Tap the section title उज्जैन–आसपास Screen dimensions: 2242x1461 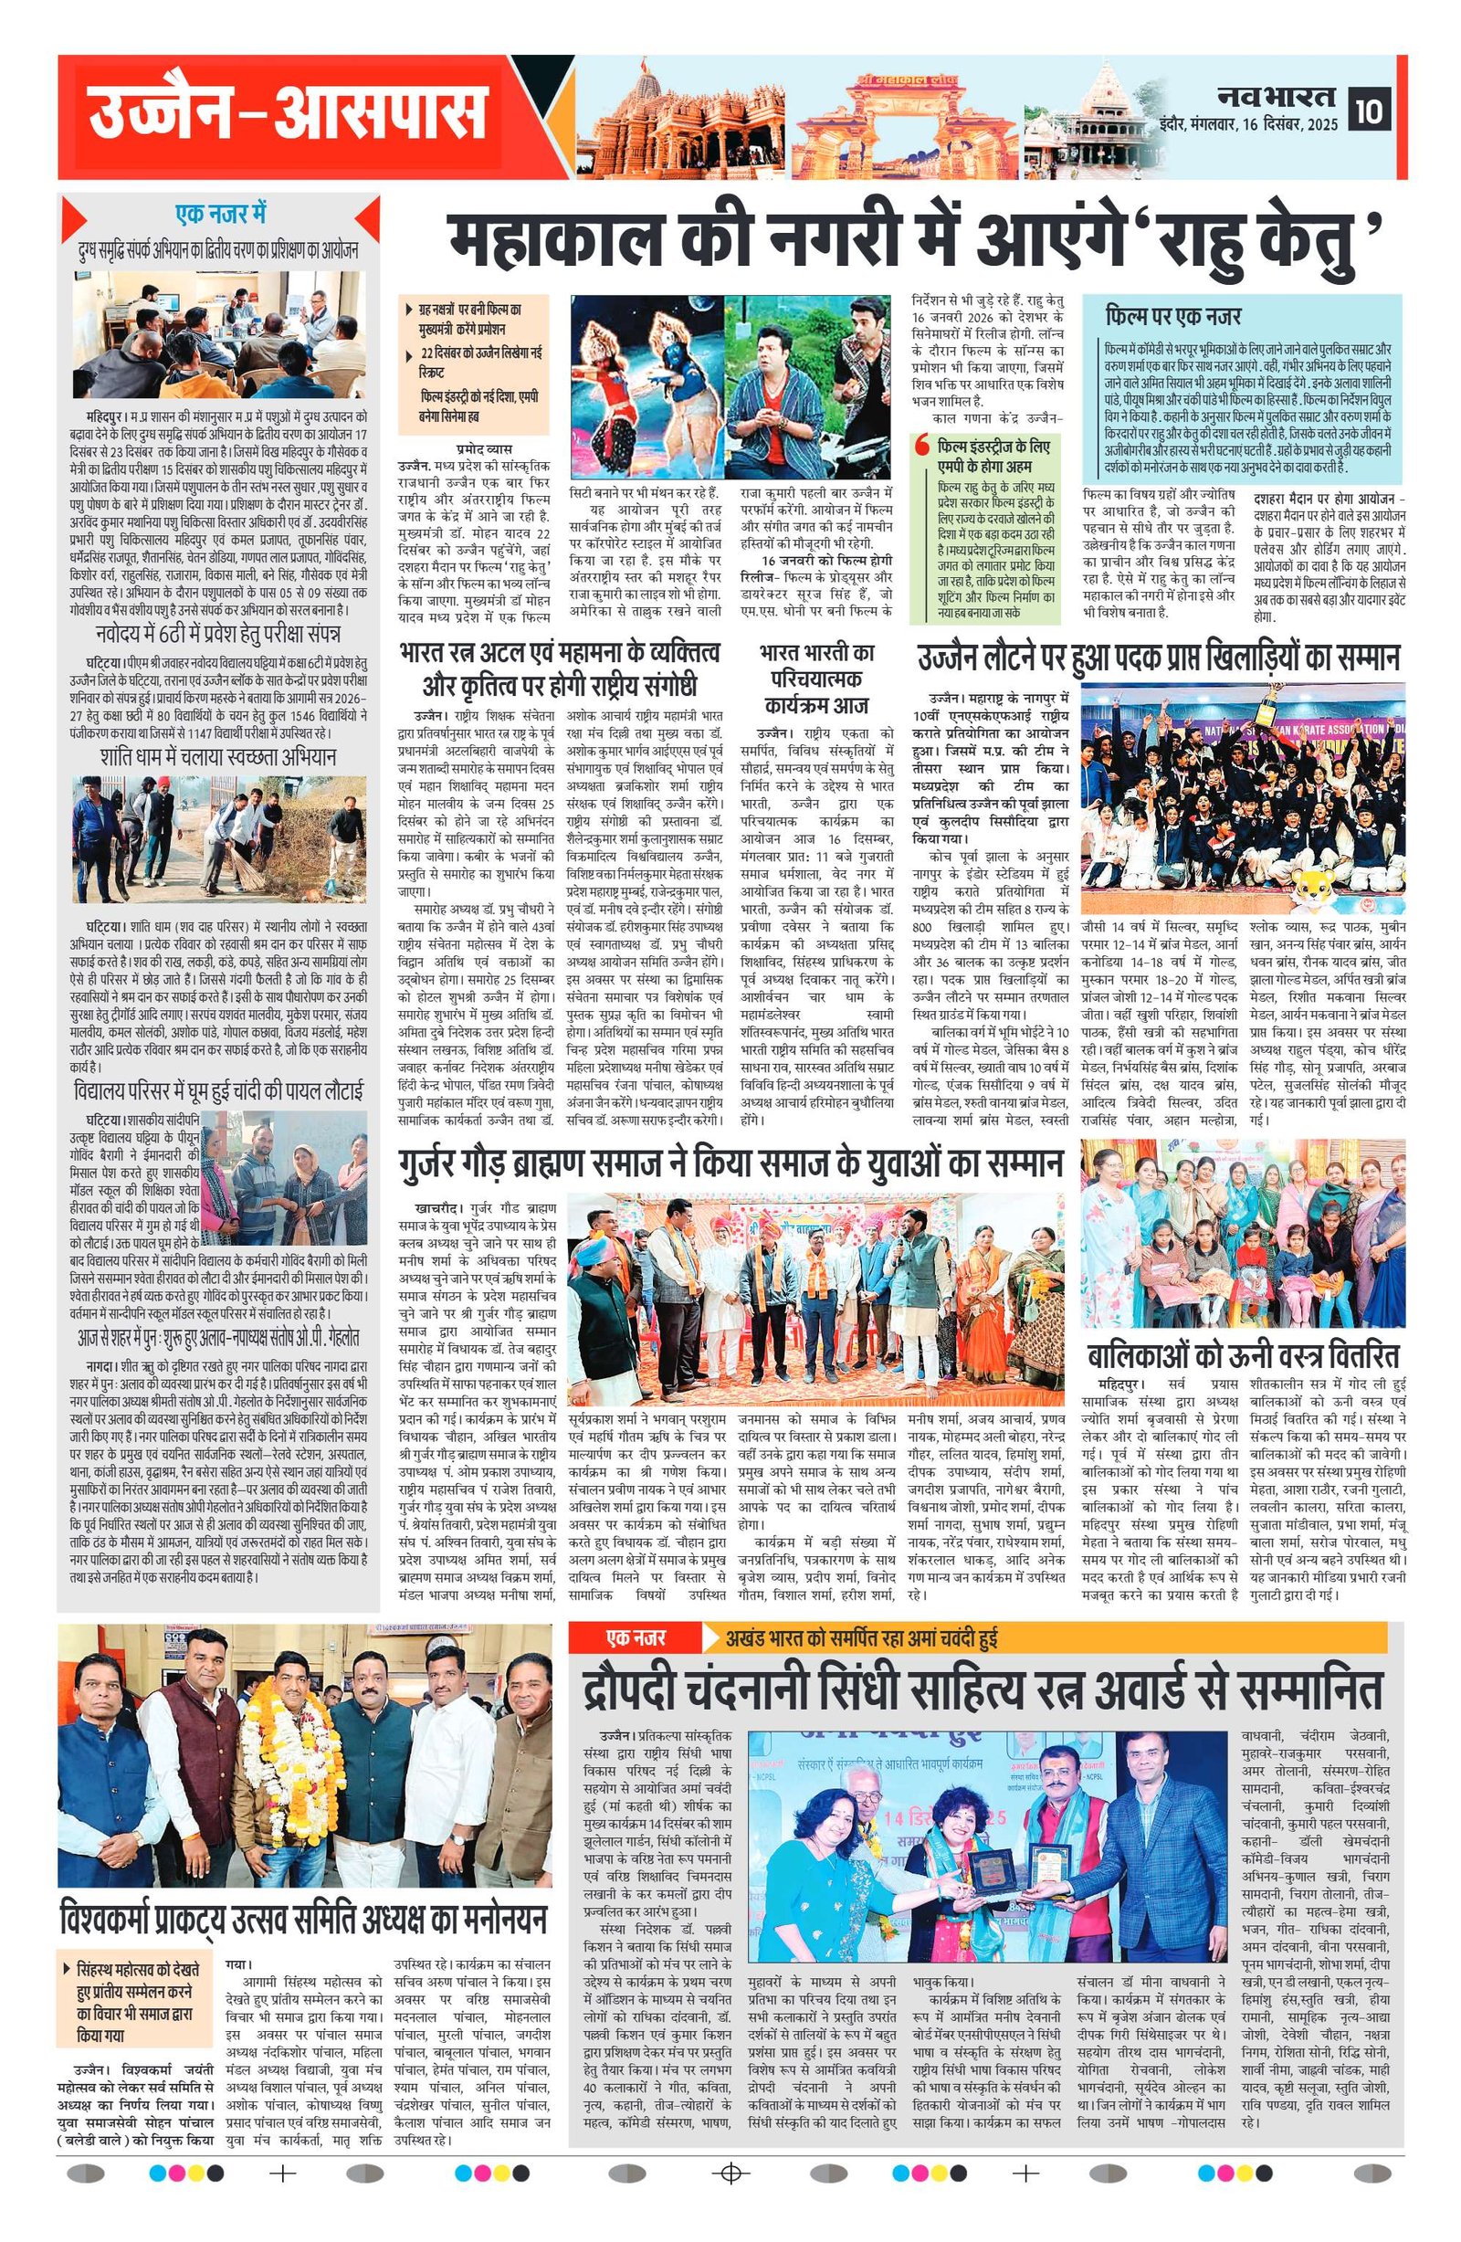(x=288, y=117)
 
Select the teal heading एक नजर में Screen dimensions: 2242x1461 (x=220, y=215)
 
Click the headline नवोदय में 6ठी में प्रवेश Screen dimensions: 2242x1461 (x=217, y=633)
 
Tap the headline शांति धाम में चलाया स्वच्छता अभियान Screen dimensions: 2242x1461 (x=217, y=758)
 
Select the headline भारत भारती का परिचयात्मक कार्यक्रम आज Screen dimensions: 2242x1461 (x=816, y=679)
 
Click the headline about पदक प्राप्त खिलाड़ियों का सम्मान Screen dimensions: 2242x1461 (x=1159, y=658)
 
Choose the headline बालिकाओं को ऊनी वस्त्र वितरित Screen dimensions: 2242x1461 (x=1243, y=1354)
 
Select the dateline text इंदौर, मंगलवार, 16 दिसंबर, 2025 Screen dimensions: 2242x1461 (x=1249, y=124)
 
